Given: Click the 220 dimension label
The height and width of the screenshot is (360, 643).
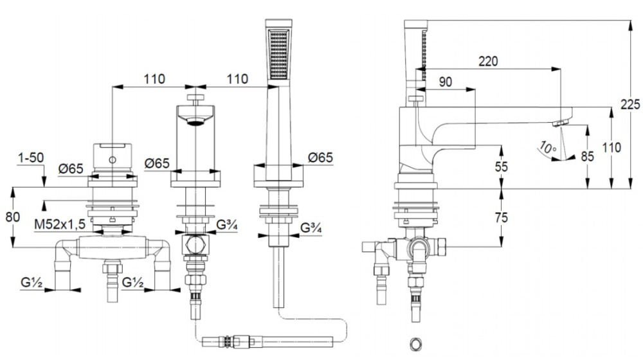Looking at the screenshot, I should (x=489, y=62).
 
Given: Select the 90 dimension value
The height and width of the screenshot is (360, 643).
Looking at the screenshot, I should (x=445, y=82).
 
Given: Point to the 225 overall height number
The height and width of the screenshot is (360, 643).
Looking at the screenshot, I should (x=629, y=104).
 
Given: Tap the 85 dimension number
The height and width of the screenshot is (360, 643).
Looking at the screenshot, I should (x=587, y=156).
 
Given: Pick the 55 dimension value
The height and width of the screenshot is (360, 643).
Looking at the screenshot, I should (x=502, y=166).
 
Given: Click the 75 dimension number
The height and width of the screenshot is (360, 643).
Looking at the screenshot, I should (x=502, y=217).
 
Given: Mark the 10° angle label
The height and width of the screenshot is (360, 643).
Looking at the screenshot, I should (x=547, y=147).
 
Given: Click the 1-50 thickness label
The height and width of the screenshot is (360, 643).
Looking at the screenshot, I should (x=30, y=157).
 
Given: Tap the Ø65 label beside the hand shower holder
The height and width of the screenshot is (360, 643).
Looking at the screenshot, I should (x=320, y=157).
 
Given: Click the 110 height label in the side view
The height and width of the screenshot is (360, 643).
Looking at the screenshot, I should (x=612, y=147).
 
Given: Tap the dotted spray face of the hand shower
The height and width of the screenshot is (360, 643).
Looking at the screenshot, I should (x=278, y=54).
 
